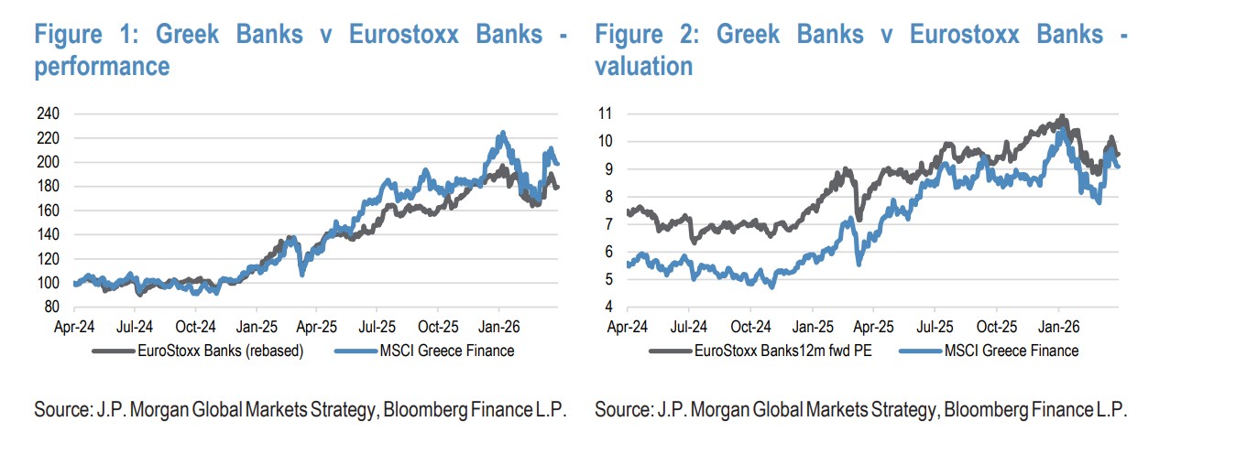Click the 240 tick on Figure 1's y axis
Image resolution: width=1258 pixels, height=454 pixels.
click(47, 114)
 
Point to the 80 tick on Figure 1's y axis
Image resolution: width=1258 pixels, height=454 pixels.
click(50, 307)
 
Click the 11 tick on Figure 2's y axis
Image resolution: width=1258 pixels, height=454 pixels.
click(606, 114)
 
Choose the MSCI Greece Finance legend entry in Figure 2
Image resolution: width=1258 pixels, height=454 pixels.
click(1013, 350)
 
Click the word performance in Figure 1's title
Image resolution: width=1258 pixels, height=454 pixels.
click(102, 66)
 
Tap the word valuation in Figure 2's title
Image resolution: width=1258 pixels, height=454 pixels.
click(643, 66)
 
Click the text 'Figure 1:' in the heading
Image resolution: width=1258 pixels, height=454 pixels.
click(86, 35)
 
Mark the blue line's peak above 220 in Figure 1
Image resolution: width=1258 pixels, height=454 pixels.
click(501, 133)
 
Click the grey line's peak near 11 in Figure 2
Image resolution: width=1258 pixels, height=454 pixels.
click(1062, 117)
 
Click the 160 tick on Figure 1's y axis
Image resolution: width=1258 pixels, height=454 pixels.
click(47, 211)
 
